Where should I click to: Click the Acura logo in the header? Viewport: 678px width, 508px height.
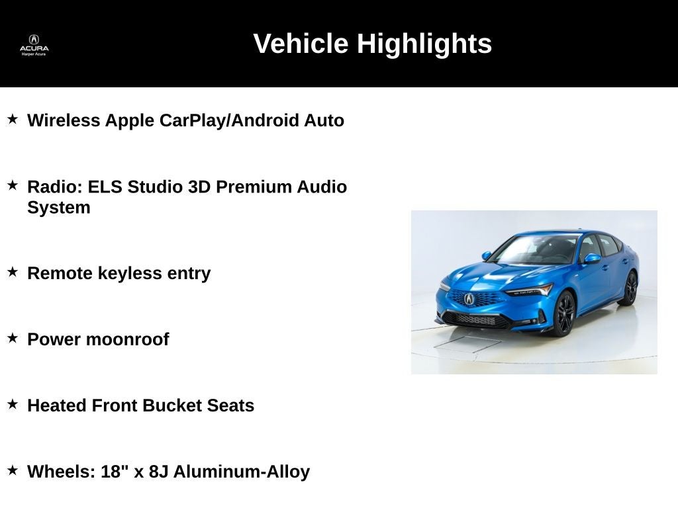34,45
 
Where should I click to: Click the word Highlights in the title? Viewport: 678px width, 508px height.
424,44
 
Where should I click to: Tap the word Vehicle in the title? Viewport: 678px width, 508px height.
301,43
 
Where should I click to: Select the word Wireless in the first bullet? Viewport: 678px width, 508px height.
64,120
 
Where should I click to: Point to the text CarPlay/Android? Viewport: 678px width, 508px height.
229,120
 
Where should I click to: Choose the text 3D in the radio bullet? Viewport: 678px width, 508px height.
199,187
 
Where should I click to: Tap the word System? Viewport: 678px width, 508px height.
59,208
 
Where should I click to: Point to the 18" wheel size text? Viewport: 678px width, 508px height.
115,471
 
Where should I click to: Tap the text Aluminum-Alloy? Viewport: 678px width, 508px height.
242,472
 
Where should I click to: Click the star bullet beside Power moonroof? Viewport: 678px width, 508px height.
13,338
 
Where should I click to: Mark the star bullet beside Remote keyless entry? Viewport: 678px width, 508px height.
13,272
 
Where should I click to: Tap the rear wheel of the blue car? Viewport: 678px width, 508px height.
630,288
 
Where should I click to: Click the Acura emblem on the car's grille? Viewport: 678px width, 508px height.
469,298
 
